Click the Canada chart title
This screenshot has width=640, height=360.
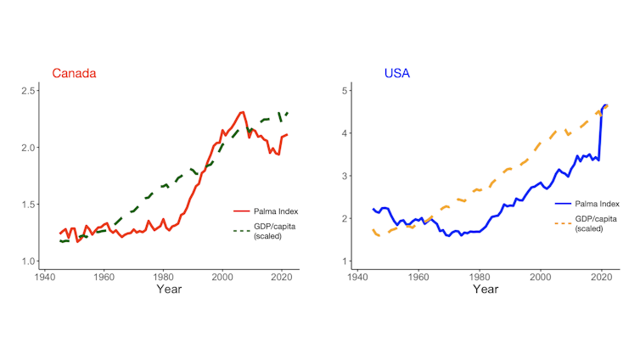point(74,73)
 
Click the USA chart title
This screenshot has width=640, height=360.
point(396,73)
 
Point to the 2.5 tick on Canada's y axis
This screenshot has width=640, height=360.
point(27,91)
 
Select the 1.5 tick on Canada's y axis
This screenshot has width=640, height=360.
point(27,205)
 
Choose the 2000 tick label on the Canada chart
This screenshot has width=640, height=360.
point(222,276)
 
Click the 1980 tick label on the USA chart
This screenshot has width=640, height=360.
point(480,276)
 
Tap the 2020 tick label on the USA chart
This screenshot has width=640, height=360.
point(601,276)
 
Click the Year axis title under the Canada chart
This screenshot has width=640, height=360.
point(168,290)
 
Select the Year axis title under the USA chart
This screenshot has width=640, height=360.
point(486,290)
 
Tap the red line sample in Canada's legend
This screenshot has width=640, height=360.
point(243,211)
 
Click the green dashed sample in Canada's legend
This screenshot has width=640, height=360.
point(243,229)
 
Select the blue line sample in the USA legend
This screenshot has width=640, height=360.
point(565,204)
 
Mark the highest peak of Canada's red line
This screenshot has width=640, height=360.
point(243,111)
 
